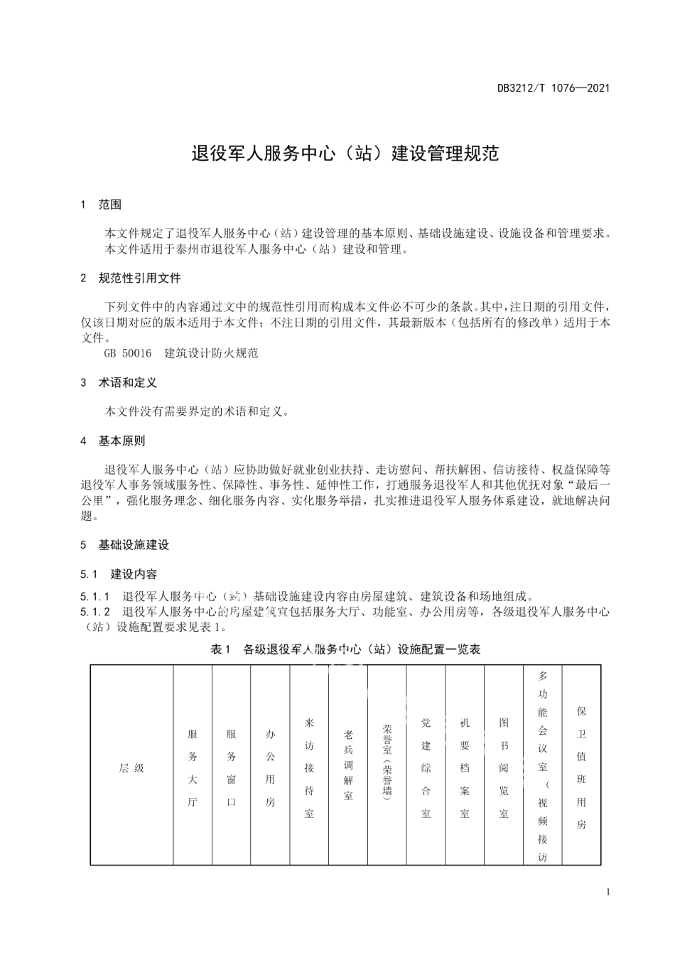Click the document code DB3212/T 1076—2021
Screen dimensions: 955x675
pyautogui.click(x=553, y=88)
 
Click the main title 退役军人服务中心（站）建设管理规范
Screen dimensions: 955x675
pyautogui.click(x=345, y=153)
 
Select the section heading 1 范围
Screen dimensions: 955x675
pyautogui.click(x=101, y=205)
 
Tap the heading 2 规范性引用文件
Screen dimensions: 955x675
pyautogui.click(x=131, y=278)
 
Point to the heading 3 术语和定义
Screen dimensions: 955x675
pyautogui.click(x=119, y=382)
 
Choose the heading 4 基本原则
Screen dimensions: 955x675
pyautogui.click(x=113, y=441)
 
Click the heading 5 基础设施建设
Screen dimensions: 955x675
pyautogui.click(x=125, y=545)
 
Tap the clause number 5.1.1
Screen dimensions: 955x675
pyautogui.click(x=95, y=596)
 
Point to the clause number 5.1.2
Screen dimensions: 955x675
pyautogui.click(x=95, y=611)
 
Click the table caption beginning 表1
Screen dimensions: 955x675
pyautogui.click(x=345, y=649)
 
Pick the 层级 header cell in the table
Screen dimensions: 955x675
pyautogui.click(x=131, y=768)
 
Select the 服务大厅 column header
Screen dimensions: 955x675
pyautogui.click(x=193, y=768)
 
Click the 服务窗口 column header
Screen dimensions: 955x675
pyautogui.click(x=231, y=768)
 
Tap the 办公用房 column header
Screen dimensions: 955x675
pyautogui.click(x=270, y=768)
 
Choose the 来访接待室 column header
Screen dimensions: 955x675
pyautogui.click(x=309, y=768)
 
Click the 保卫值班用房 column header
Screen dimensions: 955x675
pyautogui.click(x=581, y=768)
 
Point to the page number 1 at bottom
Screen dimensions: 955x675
pyautogui.click(x=607, y=892)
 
